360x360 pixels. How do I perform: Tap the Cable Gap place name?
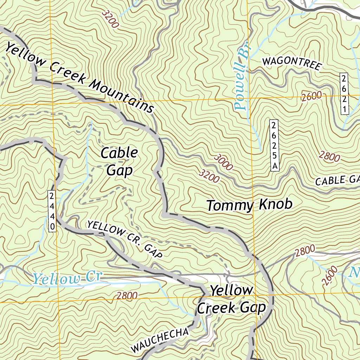[x=119, y=161]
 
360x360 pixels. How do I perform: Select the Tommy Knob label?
[x=249, y=205]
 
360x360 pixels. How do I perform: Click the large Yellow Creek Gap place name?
[x=231, y=299]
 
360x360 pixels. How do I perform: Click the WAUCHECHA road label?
[x=160, y=340]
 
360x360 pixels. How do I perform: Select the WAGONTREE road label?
[x=292, y=64]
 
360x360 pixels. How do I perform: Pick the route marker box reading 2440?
[x=52, y=211]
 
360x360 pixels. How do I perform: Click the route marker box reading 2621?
[x=344, y=94]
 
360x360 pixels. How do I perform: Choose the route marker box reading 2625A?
[x=274, y=146]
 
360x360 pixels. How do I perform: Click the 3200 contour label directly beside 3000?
[x=209, y=176]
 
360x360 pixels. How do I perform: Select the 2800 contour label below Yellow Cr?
[x=127, y=296]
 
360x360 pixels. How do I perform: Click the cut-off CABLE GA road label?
[x=337, y=180]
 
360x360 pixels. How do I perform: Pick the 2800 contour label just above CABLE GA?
[x=329, y=156]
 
